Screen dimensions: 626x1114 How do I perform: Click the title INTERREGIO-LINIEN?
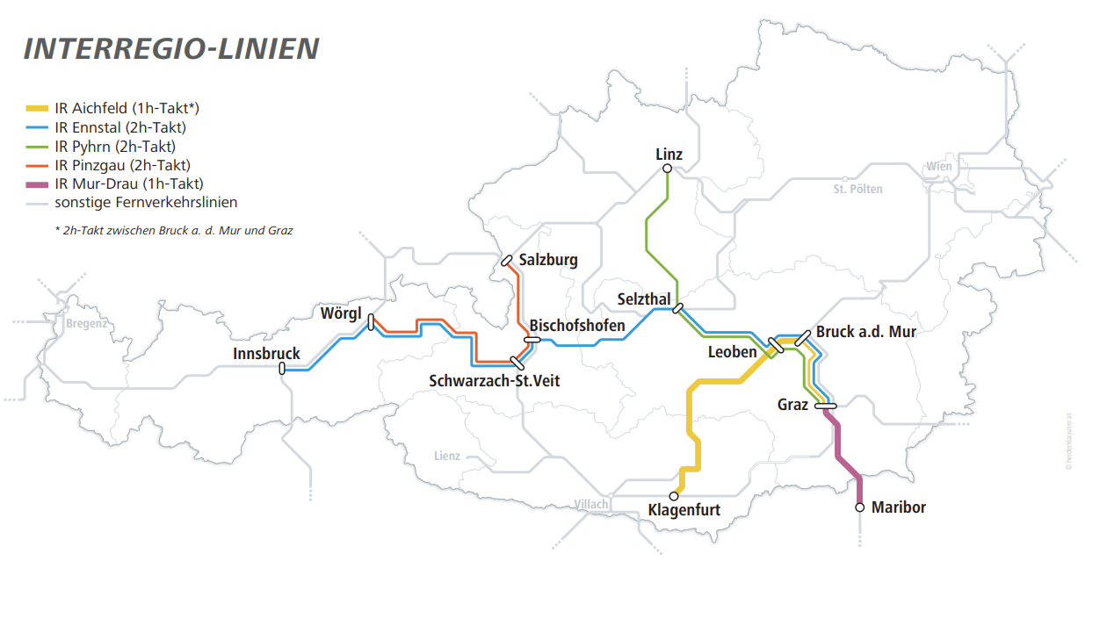pyautogui.click(x=170, y=49)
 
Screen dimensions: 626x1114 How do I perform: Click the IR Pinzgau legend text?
pyautogui.click(x=122, y=165)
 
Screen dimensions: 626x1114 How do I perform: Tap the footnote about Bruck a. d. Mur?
pyautogui.click(x=173, y=231)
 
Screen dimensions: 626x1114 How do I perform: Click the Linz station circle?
pyautogui.click(x=667, y=169)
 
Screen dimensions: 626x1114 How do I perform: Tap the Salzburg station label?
pyautogui.click(x=548, y=260)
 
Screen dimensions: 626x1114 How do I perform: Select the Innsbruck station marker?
pyautogui.click(x=282, y=369)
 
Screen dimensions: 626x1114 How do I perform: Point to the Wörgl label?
pyautogui.click(x=341, y=313)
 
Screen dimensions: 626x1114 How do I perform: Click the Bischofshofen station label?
pyautogui.click(x=577, y=326)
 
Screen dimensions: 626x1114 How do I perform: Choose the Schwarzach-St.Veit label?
pyautogui.click(x=494, y=381)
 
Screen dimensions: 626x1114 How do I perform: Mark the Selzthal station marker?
pyautogui.click(x=677, y=307)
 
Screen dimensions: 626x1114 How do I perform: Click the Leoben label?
pyautogui.click(x=732, y=352)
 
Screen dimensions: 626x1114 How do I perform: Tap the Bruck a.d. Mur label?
pyautogui.click(x=865, y=332)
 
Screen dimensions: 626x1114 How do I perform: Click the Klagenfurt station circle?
pyautogui.click(x=674, y=496)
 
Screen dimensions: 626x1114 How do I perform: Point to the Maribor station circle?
pyautogui.click(x=860, y=507)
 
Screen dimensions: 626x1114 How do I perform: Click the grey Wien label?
pyautogui.click(x=938, y=167)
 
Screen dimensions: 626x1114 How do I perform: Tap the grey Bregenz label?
pyautogui.click(x=86, y=323)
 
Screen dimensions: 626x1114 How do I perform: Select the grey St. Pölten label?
pyautogui.click(x=857, y=189)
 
